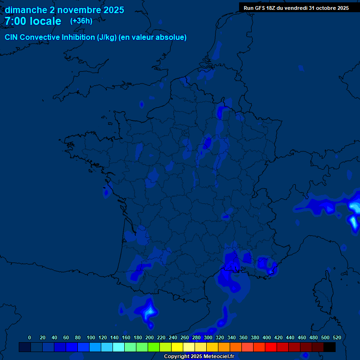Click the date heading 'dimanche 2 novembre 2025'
point(64,10)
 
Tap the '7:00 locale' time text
point(33,21)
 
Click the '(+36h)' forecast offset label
point(81,21)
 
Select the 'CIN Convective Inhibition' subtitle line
point(96,37)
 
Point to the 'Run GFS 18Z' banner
point(296,8)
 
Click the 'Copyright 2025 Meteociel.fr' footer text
point(199,357)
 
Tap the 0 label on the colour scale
point(30,337)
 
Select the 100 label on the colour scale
point(91,337)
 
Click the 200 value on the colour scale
point(150,337)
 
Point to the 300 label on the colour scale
point(208,337)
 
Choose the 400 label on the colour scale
point(267,337)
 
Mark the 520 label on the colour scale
point(337,337)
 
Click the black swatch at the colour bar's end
point(330,347)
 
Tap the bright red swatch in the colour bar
point(271,347)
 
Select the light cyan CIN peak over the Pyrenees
point(150,311)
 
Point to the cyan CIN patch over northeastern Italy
point(354,208)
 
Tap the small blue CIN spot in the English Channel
point(142,104)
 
